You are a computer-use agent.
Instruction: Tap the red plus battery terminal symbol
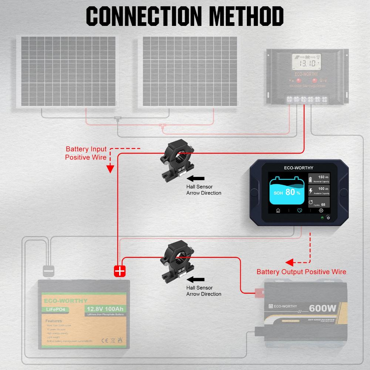120,271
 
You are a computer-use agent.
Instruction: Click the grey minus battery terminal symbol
49,271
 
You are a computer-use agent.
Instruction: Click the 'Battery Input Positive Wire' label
86,153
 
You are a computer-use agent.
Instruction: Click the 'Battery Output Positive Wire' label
301,272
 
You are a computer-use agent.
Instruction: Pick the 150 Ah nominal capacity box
319,179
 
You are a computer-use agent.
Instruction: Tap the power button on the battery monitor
329,218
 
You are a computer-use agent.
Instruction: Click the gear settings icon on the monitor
321,210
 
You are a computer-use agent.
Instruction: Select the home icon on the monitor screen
278,210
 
